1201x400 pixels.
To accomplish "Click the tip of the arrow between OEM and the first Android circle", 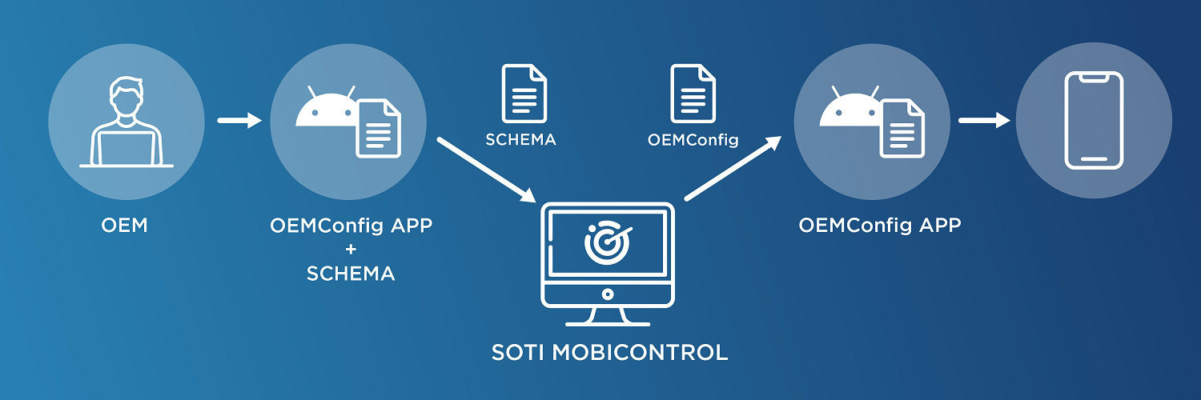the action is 262,121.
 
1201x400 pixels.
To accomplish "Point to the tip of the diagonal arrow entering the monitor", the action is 536,202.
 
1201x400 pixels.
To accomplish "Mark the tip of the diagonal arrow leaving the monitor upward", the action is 781,136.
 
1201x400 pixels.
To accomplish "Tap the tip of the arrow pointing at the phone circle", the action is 1010,121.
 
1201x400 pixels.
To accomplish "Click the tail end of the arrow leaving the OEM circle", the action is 219,121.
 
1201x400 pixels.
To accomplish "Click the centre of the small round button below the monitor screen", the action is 608,294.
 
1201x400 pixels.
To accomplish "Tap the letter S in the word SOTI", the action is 499,352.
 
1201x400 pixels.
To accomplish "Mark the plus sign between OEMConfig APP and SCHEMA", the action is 351,249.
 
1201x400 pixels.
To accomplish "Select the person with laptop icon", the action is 127,122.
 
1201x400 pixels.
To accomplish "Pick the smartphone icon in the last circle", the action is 1094,121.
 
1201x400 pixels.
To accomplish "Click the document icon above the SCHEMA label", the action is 524,93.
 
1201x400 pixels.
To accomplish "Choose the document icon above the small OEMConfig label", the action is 693,93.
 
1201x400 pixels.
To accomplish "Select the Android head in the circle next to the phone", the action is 850,107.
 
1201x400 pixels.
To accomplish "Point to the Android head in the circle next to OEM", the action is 327,107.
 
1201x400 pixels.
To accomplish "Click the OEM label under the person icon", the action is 124,226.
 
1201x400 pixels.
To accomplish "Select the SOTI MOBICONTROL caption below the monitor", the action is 609,352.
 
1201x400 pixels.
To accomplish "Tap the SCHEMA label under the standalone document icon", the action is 520,140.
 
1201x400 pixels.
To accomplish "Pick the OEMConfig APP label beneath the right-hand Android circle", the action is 880,226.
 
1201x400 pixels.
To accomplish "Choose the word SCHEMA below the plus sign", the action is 351,274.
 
